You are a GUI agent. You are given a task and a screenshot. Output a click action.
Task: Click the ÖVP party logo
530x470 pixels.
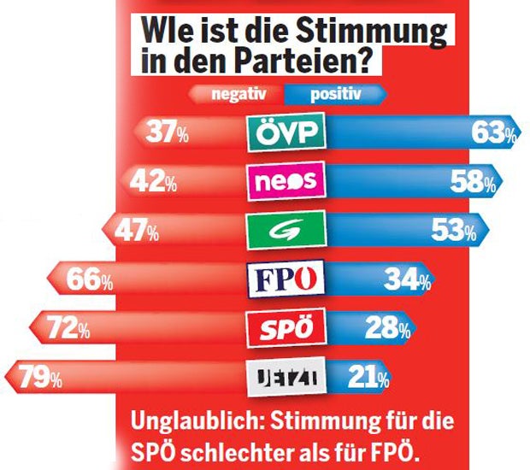tap(286, 132)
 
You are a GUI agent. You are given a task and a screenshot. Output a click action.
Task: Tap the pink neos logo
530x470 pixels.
tap(286, 181)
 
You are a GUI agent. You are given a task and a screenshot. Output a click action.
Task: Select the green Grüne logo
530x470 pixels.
tap(286, 229)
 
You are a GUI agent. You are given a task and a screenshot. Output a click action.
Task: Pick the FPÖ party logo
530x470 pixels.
tap(286, 279)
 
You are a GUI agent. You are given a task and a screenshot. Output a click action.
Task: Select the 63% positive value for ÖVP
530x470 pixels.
tap(494, 132)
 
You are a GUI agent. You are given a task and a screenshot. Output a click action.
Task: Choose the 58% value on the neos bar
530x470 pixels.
tap(475, 181)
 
